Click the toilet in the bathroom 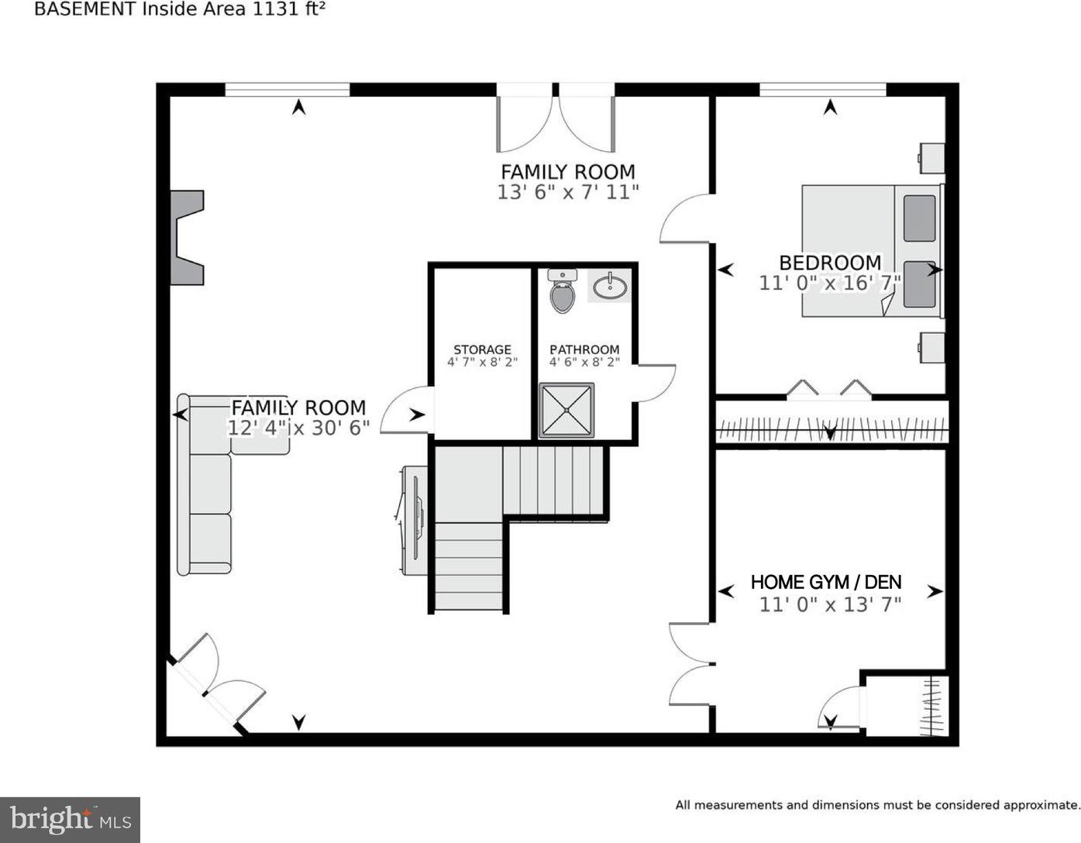click(x=562, y=291)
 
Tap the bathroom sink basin click(x=610, y=287)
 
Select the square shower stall click(x=566, y=411)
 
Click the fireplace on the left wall click(x=186, y=237)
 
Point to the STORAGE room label click(x=482, y=349)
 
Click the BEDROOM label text click(x=830, y=263)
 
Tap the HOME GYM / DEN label click(x=826, y=581)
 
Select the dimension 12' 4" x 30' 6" click(x=298, y=428)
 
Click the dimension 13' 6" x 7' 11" click(x=567, y=192)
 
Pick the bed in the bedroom click(x=873, y=251)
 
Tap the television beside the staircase click(x=414, y=520)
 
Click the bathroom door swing click(x=655, y=383)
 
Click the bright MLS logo click(x=71, y=820)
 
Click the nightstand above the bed click(x=931, y=158)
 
